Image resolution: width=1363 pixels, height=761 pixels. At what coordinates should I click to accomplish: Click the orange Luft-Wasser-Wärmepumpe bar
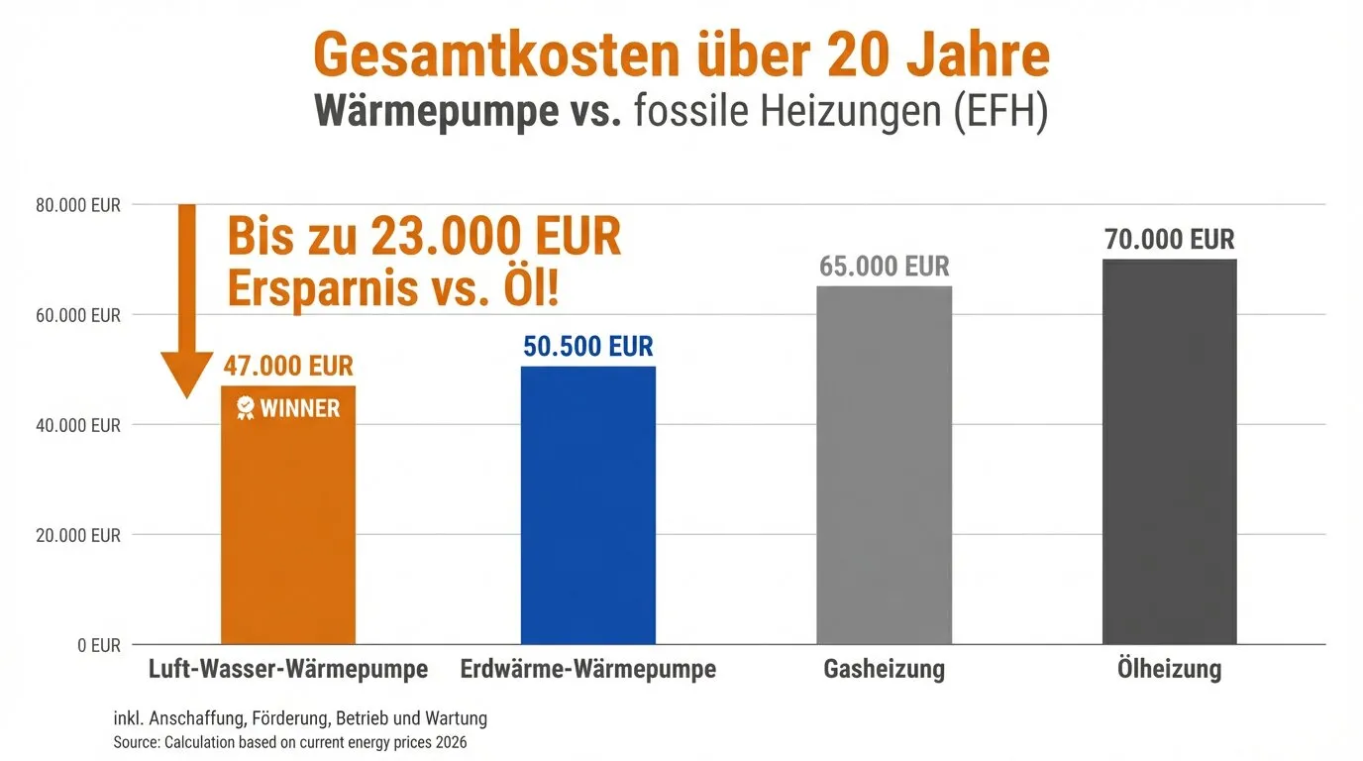click(287, 525)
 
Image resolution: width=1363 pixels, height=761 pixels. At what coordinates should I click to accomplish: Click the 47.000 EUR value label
click(288, 365)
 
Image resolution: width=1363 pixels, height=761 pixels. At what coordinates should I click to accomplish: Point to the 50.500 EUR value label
click(588, 346)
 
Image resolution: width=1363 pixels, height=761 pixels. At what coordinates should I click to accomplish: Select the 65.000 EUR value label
click(884, 267)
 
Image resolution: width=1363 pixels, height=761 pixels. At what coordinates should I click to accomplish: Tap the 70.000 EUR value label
click(1170, 240)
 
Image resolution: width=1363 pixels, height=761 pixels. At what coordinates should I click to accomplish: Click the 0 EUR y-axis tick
click(98, 645)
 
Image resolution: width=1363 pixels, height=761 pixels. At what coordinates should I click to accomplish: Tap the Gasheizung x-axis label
click(884, 670)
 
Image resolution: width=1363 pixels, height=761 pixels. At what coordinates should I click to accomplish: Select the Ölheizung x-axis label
click(1170, 670)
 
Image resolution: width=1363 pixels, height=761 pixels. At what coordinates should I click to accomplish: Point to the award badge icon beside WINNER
click(246, 407)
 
